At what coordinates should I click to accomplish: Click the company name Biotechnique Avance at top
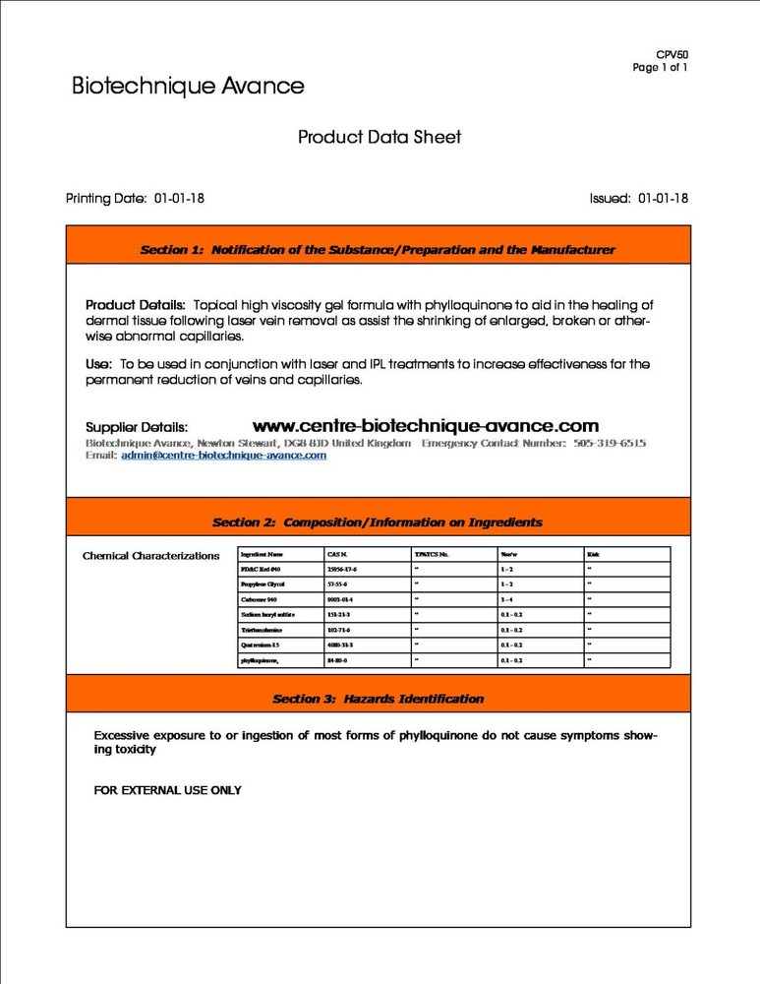(188, 87)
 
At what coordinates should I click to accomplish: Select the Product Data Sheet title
(380, 138)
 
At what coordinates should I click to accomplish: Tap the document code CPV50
(672, 55)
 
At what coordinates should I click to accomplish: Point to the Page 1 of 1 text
(660, 68)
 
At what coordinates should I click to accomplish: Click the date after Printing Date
(179, 199)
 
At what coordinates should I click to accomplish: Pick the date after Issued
(663, 199)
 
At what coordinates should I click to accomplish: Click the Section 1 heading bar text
(378, 250)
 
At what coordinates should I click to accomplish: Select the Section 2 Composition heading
(378, 523)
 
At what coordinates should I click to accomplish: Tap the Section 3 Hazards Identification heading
(378, 699)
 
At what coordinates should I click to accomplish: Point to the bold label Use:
(98, 364)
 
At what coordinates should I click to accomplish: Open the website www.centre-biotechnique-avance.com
(425, 426)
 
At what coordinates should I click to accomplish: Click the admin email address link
(223, 456)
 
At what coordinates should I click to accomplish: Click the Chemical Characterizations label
(150, 556)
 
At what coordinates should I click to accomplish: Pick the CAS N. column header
(337, 554)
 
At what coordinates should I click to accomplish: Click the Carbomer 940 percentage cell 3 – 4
(508, 599)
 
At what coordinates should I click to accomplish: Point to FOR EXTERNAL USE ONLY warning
(167, 790)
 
